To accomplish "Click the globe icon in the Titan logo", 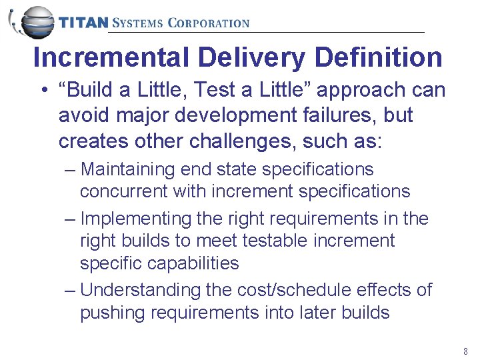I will (x=34, y=23).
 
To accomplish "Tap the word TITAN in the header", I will (x=83, y=23).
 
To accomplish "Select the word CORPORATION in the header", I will (x=208, y=23).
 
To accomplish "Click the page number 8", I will (x=465, y=351).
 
